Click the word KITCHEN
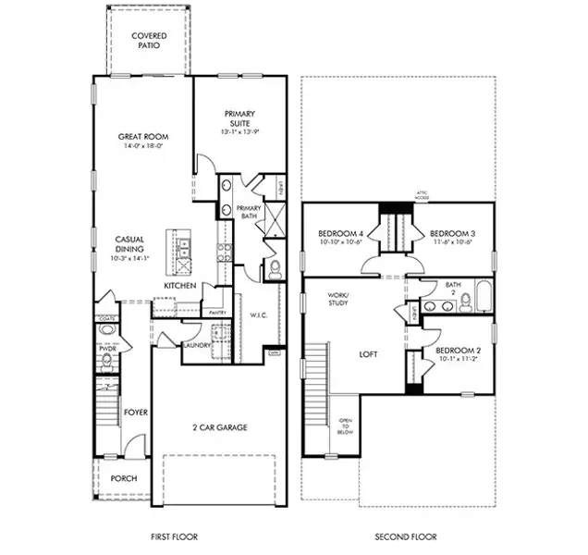click(179, 287)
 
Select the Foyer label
click(137, 412)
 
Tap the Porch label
click(123, 479)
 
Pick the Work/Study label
click(337, 299)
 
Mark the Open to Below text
click(345, 425)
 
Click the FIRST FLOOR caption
click(174, 536)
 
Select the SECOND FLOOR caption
click(405, 536)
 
